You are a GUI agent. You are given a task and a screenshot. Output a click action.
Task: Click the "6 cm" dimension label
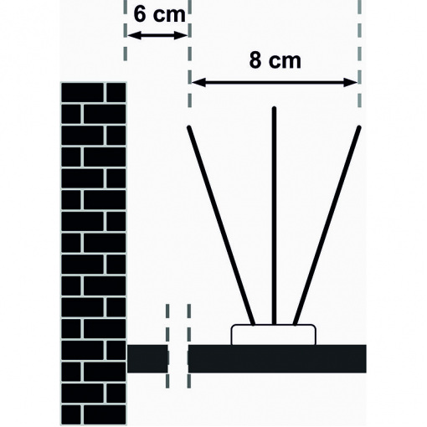159,14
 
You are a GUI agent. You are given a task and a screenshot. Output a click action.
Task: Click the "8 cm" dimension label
275,60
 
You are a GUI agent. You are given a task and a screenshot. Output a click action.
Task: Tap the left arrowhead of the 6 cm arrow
133,35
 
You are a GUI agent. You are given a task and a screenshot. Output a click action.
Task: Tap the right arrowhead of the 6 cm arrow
180,35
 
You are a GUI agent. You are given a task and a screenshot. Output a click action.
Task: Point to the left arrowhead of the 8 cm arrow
198,82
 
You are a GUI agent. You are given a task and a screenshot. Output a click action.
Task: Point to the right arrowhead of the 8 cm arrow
351,82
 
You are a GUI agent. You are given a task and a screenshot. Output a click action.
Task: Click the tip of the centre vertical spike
274,108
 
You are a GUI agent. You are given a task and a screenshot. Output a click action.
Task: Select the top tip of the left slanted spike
189,127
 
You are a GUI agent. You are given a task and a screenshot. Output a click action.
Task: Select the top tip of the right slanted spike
359,127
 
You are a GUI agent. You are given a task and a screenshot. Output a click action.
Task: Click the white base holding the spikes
274,335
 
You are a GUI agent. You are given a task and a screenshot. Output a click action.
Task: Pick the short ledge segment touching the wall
147,359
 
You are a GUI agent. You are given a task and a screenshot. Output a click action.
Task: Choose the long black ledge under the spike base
277,359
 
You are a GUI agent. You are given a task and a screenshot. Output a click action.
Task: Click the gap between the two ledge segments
178,359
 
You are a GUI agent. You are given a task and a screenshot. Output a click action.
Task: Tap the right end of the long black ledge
366,359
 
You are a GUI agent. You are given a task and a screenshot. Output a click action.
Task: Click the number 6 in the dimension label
140,14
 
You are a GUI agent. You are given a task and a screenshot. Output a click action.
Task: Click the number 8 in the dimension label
255,60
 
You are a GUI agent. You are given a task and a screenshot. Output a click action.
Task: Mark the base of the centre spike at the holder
274,324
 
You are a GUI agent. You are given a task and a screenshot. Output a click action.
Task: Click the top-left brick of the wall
82,93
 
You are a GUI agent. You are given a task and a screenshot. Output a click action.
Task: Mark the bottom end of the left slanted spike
254,324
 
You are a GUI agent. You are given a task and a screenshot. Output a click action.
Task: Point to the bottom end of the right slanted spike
295,324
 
